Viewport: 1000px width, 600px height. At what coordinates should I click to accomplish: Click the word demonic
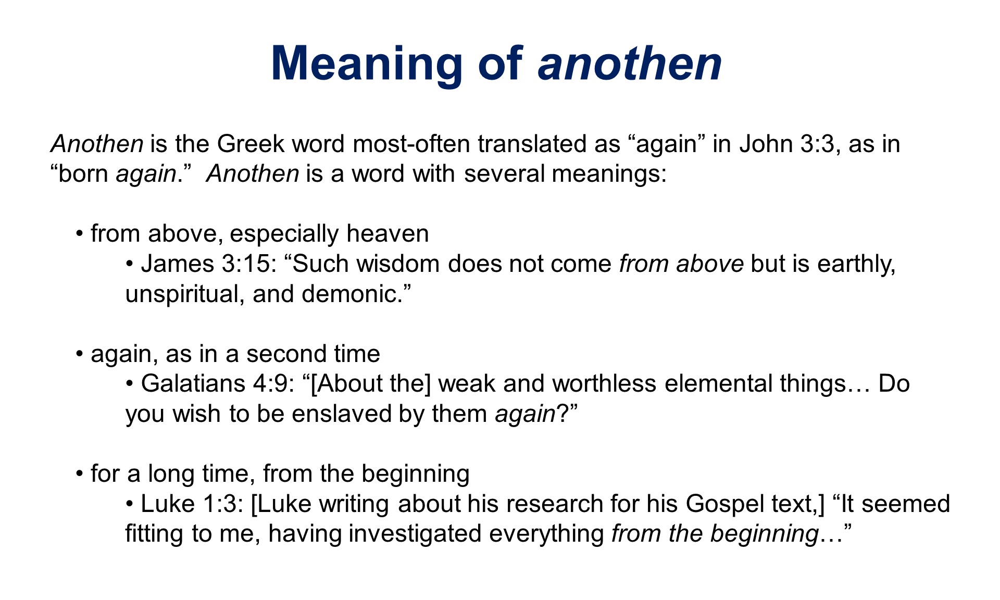(x=356, y=294)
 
